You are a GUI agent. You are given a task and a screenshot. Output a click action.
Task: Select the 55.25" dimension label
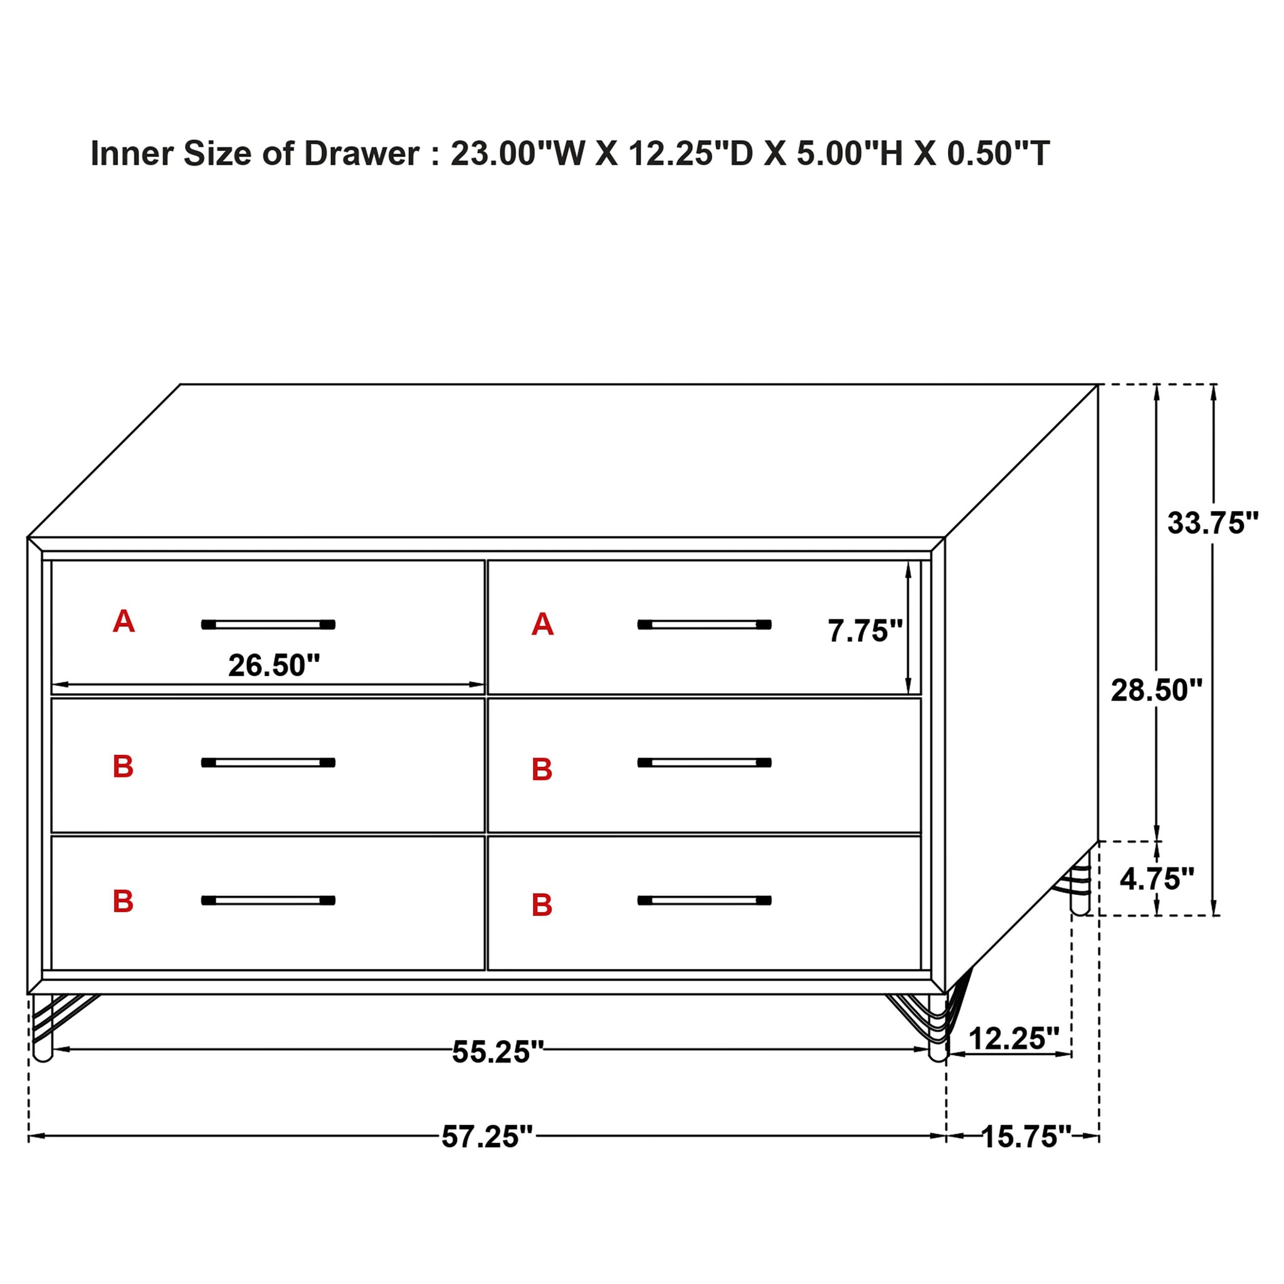point(498,1052)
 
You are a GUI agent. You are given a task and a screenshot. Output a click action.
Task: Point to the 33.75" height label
point(1213,524)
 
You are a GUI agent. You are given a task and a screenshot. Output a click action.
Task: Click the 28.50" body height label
point(1156,691)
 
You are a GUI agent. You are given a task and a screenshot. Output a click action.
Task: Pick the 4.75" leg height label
point(1156,879)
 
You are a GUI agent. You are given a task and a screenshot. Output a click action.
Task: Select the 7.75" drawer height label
point(865,631)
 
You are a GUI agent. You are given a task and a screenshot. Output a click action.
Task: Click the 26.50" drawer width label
point(274,666)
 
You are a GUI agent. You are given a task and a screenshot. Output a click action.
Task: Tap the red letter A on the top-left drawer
point(124,622)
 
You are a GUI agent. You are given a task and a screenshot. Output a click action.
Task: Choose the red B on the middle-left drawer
point(123,767)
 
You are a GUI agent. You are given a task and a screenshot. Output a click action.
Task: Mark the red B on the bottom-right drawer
point(542,905)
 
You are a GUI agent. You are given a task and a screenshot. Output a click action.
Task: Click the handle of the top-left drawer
point(268,624)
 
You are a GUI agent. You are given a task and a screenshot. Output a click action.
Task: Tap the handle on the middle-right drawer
point(704,763)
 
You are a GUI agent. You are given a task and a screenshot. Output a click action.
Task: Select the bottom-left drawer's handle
point(268,900)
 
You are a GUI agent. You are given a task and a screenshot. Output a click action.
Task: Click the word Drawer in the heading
point(362,154)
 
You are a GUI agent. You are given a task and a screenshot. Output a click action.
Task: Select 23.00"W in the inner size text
point(518,154)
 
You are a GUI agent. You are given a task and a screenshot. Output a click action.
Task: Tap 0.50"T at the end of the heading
point(998,154)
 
